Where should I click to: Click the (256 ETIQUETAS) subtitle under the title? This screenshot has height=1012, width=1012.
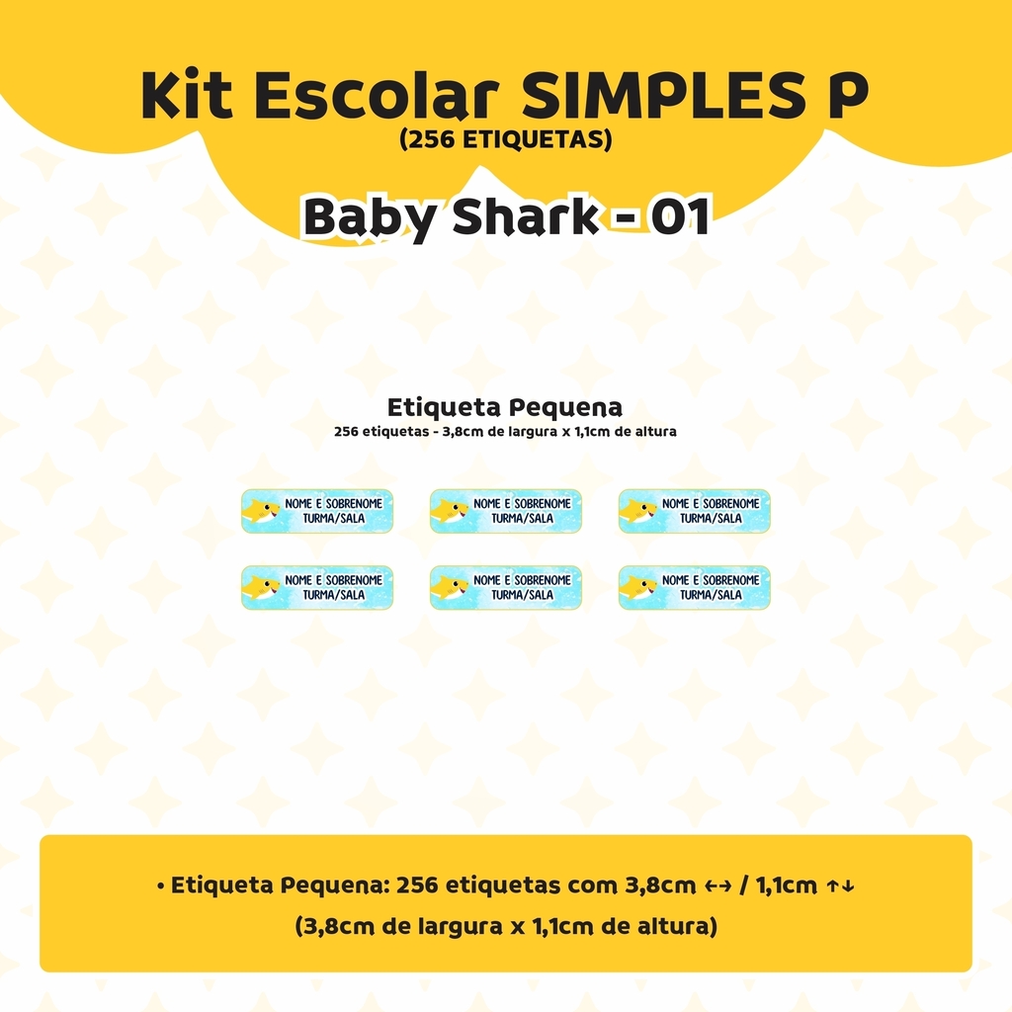(505, 138)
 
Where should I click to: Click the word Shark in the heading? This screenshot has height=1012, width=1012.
(526, 216)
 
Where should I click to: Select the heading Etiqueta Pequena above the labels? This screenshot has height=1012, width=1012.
(505, 408)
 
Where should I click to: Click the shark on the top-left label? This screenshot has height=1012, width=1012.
(261, 512)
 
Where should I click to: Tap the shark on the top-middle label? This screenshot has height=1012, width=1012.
(450, 512)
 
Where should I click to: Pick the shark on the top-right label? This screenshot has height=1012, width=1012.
(638, 512)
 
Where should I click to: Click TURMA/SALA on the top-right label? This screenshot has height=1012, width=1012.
(711, 518)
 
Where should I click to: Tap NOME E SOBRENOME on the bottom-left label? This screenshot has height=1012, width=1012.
(334, 580)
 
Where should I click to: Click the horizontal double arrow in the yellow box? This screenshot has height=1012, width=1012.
(717, 886)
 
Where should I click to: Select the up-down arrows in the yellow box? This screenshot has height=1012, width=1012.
(841, 886)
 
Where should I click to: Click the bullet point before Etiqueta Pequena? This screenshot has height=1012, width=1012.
(160, 886)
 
